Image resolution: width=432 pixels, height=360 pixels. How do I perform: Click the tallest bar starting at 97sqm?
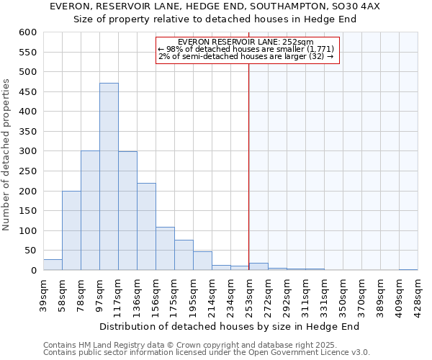[109, 176]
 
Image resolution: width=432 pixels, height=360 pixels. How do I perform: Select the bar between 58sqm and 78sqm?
[71, 230]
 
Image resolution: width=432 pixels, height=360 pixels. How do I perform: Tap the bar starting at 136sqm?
[146, 227]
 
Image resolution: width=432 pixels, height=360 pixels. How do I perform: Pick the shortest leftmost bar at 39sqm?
[53, 265]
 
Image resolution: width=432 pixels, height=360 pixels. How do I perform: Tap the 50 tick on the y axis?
[30, 251]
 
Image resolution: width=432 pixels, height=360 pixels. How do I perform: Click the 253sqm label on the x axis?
[249, 294]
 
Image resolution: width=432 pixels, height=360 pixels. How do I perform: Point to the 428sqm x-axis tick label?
[418, 294]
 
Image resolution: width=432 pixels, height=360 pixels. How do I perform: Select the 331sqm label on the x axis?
[324, 294]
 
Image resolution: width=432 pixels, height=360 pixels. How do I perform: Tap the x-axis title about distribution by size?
[229, 326]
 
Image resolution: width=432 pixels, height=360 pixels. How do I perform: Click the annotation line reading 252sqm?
[246, 42]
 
